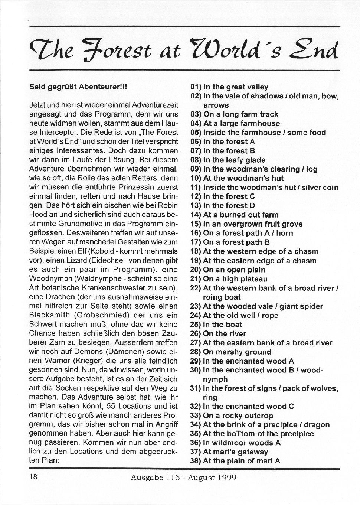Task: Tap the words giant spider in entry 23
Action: pyautogui.click(x=301, y=306)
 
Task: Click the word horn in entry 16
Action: pyautogui.click(x=284, y=233)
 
